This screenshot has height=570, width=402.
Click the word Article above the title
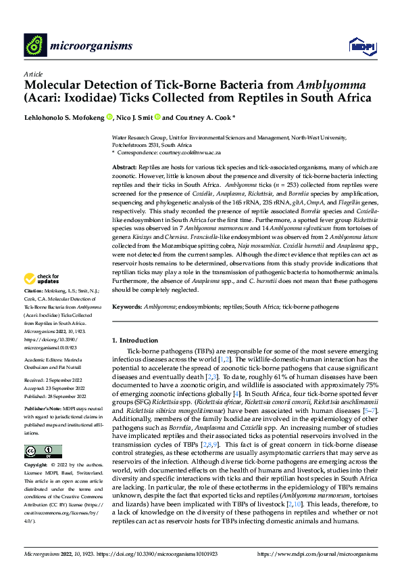click(x=33, y=74)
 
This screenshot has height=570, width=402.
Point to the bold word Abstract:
click(x=124, y=167)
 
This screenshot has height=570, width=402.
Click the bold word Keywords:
click(x=127, y=307)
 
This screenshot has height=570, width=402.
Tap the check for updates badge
click(x=42, y=297)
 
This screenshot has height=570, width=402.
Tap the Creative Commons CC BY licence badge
click(x=43, y=450)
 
